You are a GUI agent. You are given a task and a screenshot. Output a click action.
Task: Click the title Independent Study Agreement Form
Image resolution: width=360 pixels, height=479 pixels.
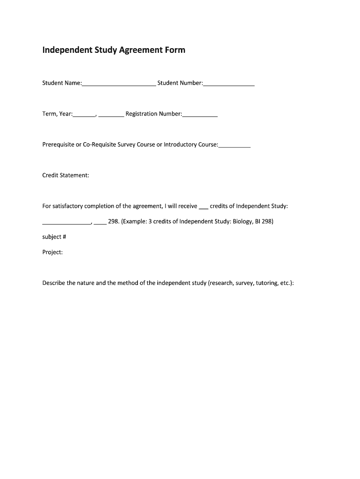[x=114, y=50]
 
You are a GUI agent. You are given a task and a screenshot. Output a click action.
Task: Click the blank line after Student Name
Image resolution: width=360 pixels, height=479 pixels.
[x=119, y=84]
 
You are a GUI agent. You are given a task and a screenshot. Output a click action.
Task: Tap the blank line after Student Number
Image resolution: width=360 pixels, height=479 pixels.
[x=229, y=84]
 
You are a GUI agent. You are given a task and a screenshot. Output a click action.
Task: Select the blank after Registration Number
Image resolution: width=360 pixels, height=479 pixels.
[x=200, y=115]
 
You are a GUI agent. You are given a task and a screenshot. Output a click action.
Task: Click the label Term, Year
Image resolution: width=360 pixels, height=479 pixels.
[x=57, y=114]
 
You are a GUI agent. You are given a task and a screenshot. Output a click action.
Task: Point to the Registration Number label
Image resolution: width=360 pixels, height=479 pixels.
[x=153, y=114]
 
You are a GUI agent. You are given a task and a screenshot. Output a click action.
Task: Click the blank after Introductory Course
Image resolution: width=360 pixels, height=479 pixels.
[x=234, y=145]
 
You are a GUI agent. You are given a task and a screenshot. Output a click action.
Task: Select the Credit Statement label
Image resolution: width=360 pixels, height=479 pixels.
[x=65, y=175]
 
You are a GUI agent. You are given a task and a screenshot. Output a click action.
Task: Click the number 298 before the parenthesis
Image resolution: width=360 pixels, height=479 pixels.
[x=113, y=221]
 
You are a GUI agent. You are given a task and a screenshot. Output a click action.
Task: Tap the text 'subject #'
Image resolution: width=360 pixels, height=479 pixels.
[x=54, y=237]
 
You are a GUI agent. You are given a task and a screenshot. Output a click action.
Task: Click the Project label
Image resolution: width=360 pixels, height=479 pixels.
[x=52, y=252]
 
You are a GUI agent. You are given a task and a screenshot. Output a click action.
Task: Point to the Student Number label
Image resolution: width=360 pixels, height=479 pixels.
[x=180, y=83]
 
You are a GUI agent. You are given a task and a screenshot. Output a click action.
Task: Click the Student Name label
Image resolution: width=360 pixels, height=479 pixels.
[x=62, y=83]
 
